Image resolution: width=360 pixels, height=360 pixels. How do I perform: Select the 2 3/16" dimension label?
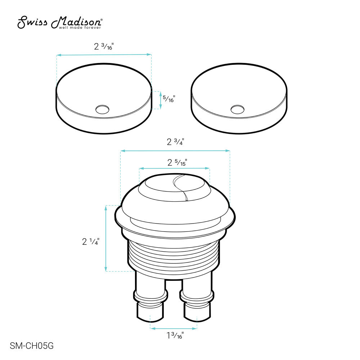click(x=104, y=47)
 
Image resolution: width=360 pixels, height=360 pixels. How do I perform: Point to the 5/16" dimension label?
click(x=168, y=99)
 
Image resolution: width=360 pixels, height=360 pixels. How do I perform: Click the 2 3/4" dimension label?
click(x=175, y=142)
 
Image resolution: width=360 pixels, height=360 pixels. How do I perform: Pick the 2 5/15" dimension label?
click(x=176, y=162)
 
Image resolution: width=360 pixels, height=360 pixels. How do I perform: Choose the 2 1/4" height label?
click(x=91, y=242)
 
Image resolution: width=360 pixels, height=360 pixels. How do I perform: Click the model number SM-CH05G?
click(x=32, y=346)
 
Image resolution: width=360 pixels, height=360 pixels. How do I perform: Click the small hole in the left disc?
click(x=102, y=108)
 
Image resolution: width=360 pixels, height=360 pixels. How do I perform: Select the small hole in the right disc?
click(x=237, y=108)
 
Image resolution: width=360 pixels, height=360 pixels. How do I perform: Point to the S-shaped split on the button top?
click(x=180, y=187)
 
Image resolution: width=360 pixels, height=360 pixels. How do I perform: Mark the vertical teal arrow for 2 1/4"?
click(x=106, y=238)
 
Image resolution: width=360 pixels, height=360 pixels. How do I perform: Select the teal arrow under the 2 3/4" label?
click(x=175, y=150)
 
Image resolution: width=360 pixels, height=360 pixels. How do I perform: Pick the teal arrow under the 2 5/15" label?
click(x=174, y=168)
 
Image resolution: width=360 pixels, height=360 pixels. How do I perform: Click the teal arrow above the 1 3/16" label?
click(x=174, y=328)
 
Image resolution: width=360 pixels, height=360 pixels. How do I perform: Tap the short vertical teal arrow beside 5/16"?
click(x=160, y=100)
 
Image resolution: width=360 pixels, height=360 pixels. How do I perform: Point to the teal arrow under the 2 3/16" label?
click(x=104, y=55)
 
